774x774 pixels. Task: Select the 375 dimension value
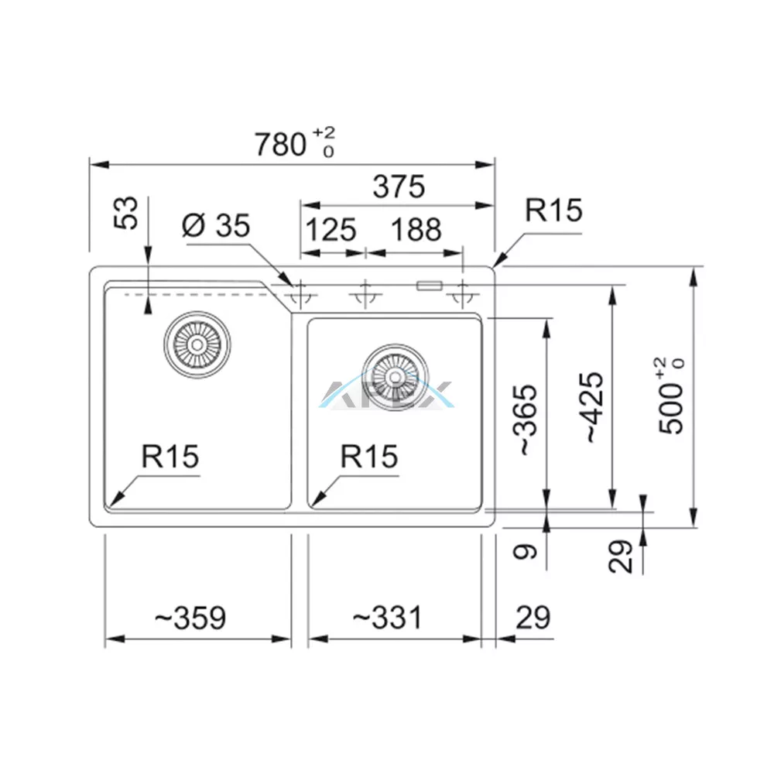(x=399, y=187)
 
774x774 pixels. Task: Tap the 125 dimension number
(x=330, y=230)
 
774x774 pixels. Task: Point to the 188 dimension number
(x=416, y=230)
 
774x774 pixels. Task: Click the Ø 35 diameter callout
(x=216, y=225)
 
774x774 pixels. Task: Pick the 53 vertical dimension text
(x=126, y=213)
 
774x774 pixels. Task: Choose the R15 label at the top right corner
(x=553, y=211)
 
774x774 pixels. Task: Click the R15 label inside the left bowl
(x=170, y=456)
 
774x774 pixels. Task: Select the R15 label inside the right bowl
(x=369, y=456)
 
